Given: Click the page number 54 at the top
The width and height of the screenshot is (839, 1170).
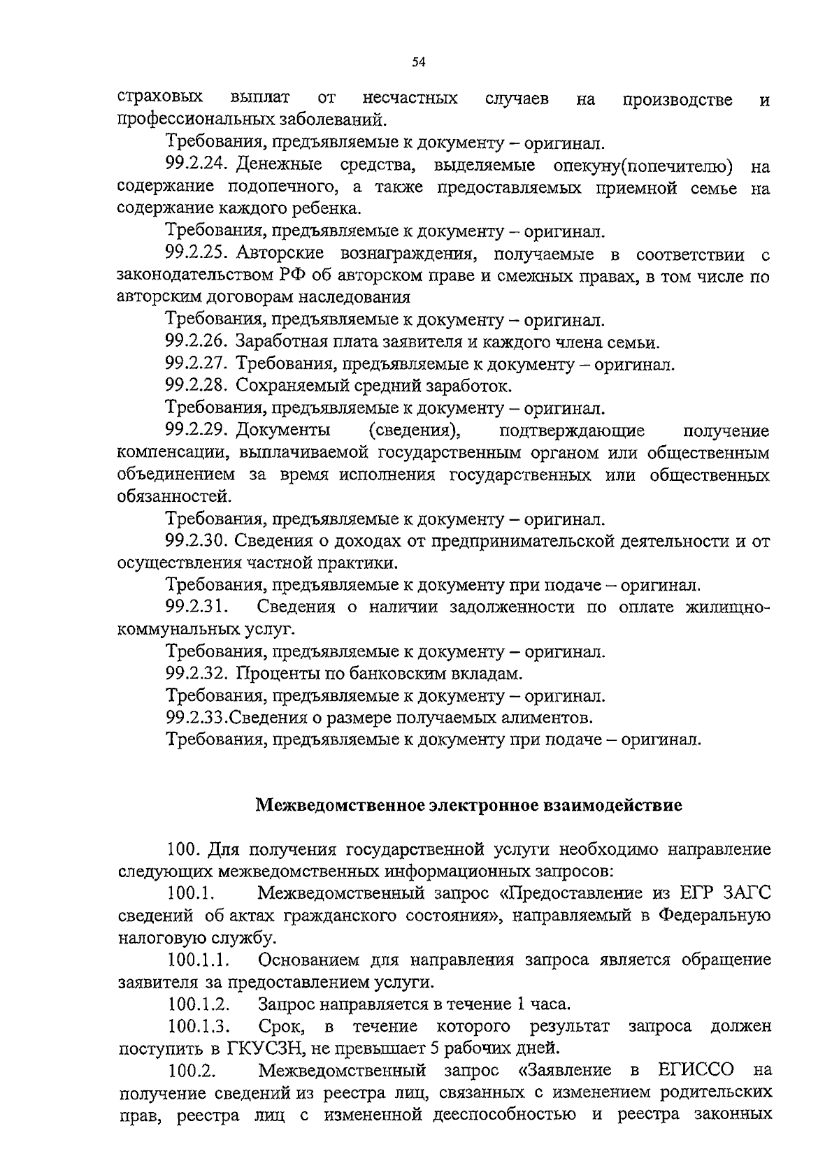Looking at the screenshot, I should point(419,62).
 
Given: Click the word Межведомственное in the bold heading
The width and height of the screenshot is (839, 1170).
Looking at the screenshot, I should point(338,805).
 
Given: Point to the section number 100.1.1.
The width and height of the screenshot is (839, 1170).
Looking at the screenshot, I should point(200,960).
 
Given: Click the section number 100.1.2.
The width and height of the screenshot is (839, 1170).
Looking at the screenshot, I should point(200,1004).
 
